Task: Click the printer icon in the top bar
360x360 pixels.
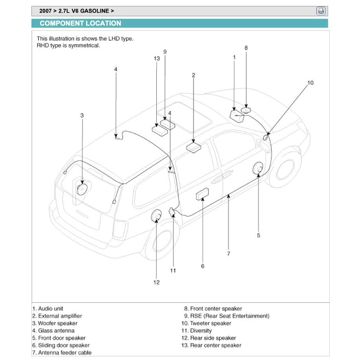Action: coord(321,11)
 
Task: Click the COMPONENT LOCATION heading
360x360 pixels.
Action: coord(80,24)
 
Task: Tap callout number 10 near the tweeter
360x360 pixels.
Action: coord(310,83)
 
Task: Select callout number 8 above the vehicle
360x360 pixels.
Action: coord(246,48)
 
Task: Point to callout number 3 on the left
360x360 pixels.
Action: coord(82,116)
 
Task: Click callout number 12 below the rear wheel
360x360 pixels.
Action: coord(156,282)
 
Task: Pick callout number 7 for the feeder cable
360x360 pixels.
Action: coord(228,253)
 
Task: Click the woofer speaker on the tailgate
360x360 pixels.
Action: coord(82,189)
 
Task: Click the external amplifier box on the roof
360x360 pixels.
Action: coord(194,147)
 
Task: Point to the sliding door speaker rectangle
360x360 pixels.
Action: coord(203,194)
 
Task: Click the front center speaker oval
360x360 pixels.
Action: coord(246,110)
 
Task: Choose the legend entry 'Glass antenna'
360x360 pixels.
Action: coord(56,331)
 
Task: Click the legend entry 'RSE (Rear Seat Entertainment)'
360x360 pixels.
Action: coord(230,316)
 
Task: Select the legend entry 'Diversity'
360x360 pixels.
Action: coord(200,331)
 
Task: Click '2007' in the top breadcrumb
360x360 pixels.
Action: coord(46,11)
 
